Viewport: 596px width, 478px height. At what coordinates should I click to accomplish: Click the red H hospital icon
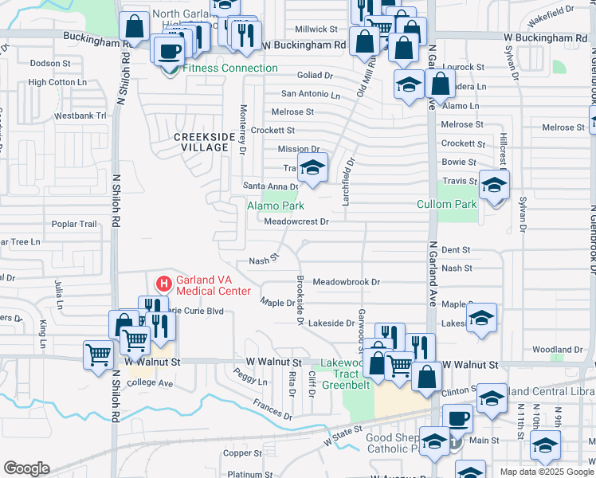[x=163, y=284]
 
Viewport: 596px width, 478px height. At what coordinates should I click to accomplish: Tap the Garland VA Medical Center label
[x=214, y=284]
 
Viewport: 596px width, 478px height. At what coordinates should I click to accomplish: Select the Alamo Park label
[x=276, y=206]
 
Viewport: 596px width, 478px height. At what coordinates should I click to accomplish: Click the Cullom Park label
[x=447, y=205]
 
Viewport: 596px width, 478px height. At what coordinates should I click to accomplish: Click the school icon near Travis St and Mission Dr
[x=312, y=168]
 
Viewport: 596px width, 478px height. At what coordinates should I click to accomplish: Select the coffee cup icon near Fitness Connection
[x=169, y=51]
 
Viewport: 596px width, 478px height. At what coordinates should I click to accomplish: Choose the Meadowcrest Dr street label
[x=296, y=222]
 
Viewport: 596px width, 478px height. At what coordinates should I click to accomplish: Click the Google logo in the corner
[x=25, y=468]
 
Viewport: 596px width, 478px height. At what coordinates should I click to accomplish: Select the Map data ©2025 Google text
[x=547, y=472]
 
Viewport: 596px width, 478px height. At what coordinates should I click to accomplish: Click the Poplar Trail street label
[x=74, y=225]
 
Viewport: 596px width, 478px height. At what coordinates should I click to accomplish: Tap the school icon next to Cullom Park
[x=494, y=185]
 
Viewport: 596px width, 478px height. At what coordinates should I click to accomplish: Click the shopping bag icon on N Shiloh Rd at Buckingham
[x=135, y=27]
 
